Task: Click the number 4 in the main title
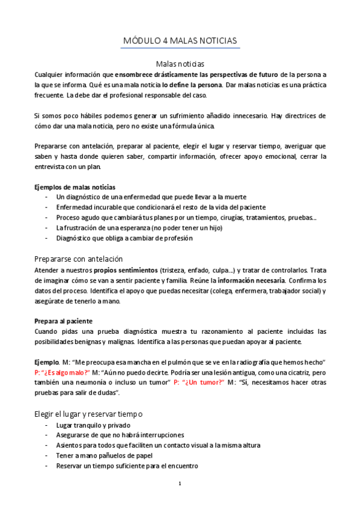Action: tap(165, 40)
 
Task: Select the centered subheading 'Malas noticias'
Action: tap(180, 63)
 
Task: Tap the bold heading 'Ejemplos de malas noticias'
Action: tap(75, 187)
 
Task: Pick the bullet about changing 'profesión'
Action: tap(124, 238)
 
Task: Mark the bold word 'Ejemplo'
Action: tap(46, 361)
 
